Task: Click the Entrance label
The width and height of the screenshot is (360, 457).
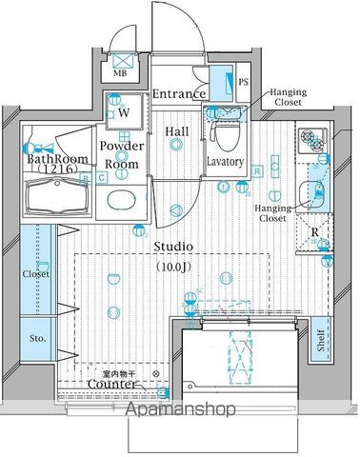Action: [x=178, y=93]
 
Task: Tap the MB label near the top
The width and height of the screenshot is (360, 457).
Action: [x=122, y=70]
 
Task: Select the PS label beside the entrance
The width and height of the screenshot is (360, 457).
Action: [x=242, y=83]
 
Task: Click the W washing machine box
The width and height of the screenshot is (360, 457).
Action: [x=124, y=114]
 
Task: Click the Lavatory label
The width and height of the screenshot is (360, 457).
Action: [x=226, y=162]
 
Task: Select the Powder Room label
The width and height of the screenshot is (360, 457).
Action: [x=124, y=154]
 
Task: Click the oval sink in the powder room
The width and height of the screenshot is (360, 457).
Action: [x=122, y=200]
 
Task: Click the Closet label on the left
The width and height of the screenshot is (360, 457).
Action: [x=37, y=274]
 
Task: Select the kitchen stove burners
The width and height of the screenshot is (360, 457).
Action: [x=310, y=142]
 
